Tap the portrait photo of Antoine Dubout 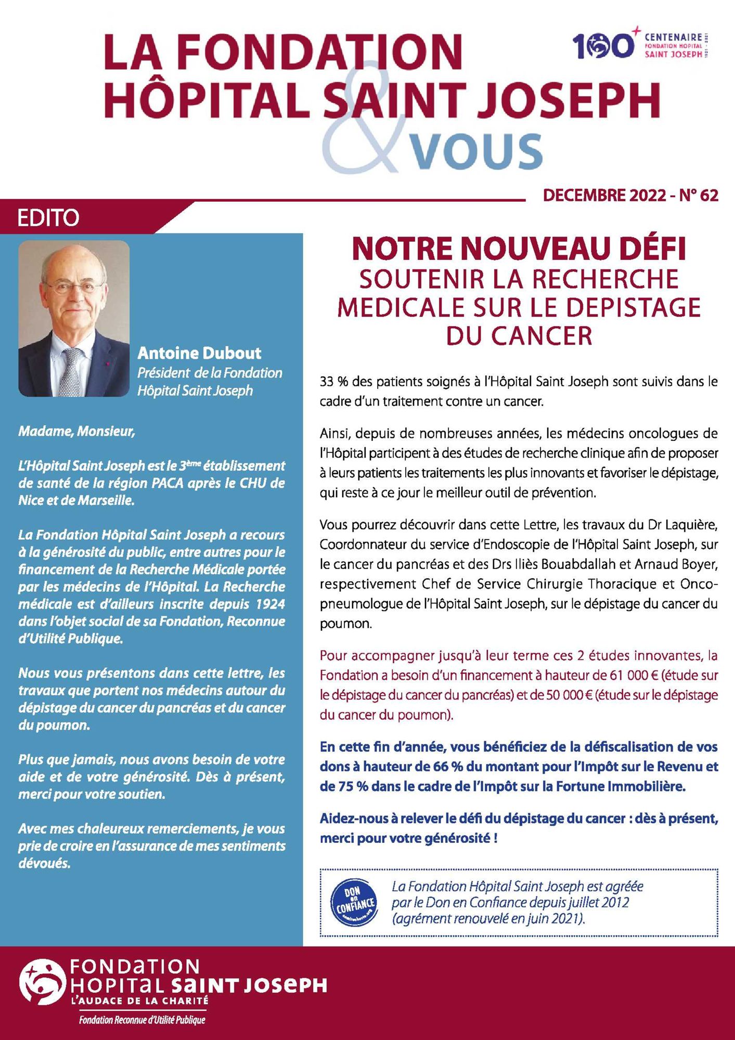[x=74, y=318]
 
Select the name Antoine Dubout [x=199, y=354]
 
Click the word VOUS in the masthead [x=475, y=151]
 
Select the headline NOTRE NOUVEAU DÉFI [x=519, y=249]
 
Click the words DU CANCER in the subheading [x=519, y=336]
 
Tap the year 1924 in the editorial [x=270, y=604]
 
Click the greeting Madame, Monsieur [x=77, y=432]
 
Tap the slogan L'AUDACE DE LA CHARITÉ [x=139, y=1000]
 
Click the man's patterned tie [x=71, y=372]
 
